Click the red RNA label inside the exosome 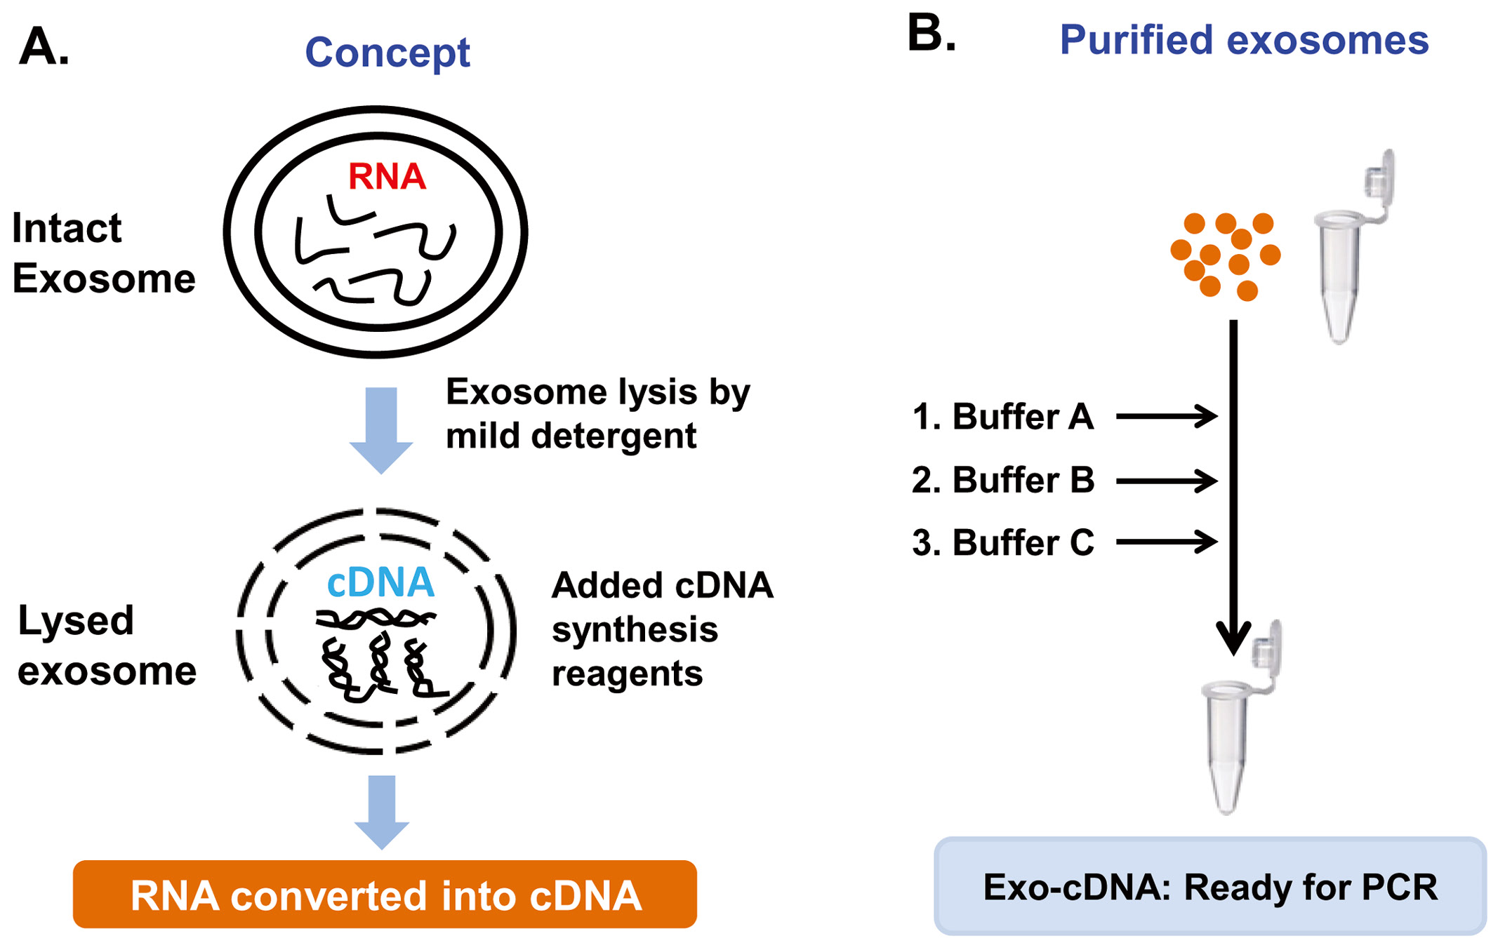(x=387, y=176)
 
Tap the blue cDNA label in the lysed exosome (x=381, y=582)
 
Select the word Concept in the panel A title (x=387, y=53)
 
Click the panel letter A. (x=44, y=47)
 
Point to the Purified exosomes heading (x=1244, y=40)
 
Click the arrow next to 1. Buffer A (x=1166, y=416)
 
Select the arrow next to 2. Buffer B (x=1166, y=481)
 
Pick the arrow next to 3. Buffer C (x=1166, y=542)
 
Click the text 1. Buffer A (x=1003, y=417)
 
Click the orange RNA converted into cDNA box (x=385, y=895)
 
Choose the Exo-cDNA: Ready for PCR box (x=1210, y=886)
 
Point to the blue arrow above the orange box (x=381, y=810)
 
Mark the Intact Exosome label (x=103, y=253)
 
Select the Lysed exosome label (x=107, y=645)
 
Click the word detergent (x=614, y=436)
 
